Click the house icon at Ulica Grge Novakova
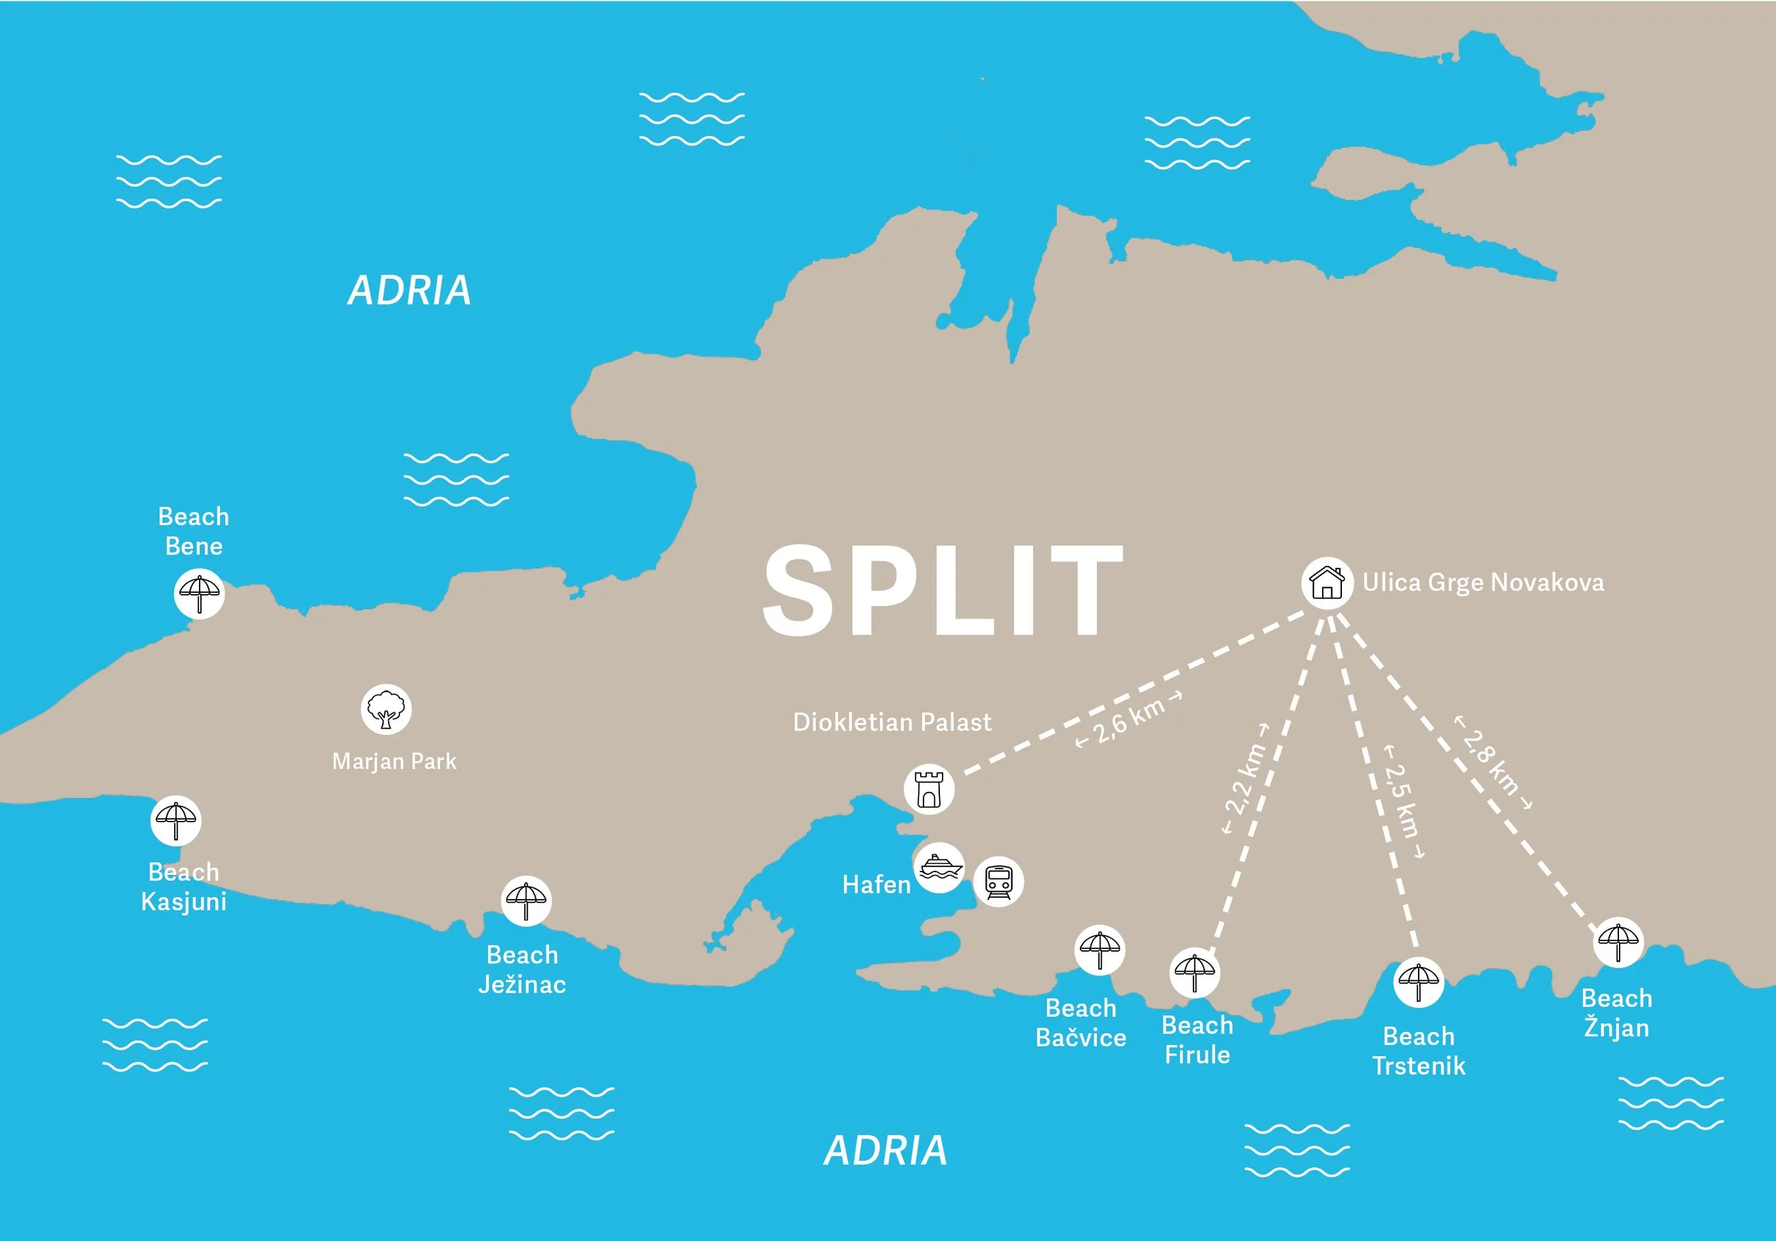(x=1326, y=583)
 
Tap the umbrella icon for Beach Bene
(x=200, y=593)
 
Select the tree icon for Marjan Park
(x=386, y=709)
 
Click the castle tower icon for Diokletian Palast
(x=928, y=789)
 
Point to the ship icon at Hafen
(x=939, y=867)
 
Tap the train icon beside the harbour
(x=998, y=882)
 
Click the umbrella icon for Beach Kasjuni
(x=176, y=821)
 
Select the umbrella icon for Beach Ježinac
(x=526, y=901)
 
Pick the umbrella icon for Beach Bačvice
(x=1099, y=950)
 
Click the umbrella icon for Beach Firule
(x=1194, y=972)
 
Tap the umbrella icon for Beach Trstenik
(x=1418, y=982)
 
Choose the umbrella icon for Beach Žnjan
(x=1618, y=942)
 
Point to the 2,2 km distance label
(x=1245, y=778)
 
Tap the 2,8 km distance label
(x=1493, y=762)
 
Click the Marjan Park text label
(x=394, y=761)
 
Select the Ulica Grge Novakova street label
(x=1483, y=583)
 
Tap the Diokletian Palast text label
(x=892, y=722)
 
